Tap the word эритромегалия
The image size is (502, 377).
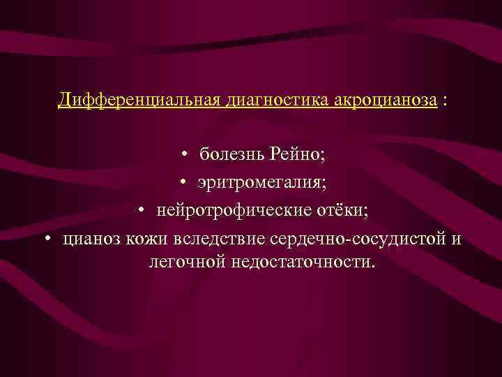pos(261,183)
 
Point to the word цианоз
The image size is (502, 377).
pos(92,239)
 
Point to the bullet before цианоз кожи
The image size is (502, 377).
pos(47,240)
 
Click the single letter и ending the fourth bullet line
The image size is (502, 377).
pos(456,240)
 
